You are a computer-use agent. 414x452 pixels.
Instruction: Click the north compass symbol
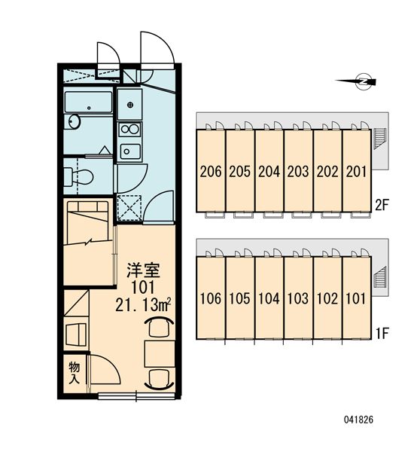click(364, 81)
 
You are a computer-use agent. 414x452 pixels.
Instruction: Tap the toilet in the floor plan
click(78, 176)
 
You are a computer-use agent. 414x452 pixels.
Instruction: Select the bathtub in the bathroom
click(89, 102)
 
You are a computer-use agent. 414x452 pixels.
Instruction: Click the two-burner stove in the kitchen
click(130, 129)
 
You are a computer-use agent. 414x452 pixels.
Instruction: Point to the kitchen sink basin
click(130, 151)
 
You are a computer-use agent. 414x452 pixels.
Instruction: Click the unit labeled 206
click(211, 171)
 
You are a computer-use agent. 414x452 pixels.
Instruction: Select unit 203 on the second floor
click(299, 171)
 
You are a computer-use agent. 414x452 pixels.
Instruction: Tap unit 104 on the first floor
click(269, 298)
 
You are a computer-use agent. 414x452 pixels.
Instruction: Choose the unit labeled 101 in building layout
click(357, 298)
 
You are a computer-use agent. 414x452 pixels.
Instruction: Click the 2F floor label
click(382, 205)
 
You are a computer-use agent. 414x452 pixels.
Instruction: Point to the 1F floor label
click(382, 334)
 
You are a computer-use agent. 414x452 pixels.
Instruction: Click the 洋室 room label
click(143, 270)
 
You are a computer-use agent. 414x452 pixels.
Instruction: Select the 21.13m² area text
click(143, 304)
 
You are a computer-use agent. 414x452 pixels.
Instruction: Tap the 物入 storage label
click(75, 373)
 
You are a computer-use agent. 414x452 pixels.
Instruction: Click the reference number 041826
click(358, 420)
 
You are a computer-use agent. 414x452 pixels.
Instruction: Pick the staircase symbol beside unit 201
click(379, 139)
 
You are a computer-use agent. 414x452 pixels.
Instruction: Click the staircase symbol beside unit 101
click(379, 276)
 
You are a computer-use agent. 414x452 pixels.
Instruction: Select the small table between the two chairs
click(160, 353)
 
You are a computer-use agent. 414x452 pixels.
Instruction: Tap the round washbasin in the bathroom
click(75, 121)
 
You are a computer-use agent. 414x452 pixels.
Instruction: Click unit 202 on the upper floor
click(327, 171)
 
